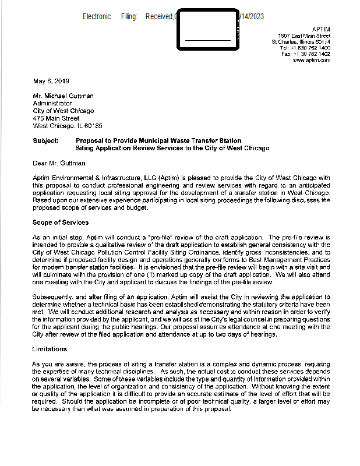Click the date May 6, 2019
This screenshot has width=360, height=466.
pos(51,80)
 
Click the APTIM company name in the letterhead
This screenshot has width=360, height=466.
pos(321,29)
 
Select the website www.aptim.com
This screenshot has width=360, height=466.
pos(312,60)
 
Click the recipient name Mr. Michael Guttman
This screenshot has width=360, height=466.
pos(63,96)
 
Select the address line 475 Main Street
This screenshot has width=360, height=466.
pos(56,118)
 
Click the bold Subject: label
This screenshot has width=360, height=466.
pos(46,140)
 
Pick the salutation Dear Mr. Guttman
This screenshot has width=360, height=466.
pos(59,163)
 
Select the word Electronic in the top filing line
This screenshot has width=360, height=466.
pos(97,17)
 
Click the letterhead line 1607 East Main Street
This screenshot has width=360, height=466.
pos(304,36)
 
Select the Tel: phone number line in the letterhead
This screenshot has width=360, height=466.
pos(305,48)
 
